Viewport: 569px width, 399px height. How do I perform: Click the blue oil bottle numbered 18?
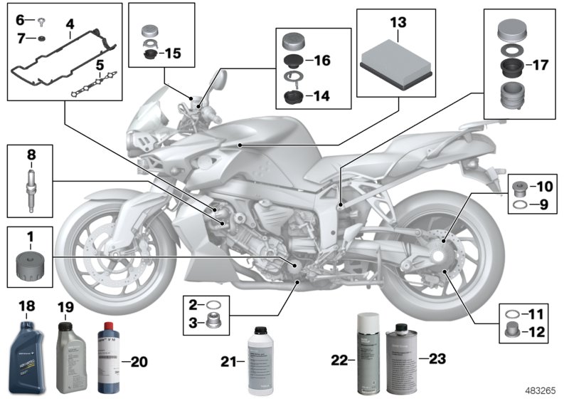pos(26,351)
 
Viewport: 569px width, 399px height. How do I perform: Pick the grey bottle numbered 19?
pos(71,355)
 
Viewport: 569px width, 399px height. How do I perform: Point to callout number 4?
pos(70,24)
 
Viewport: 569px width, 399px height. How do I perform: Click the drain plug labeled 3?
pos(212,322)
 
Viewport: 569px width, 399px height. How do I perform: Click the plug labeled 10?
pos(520,188)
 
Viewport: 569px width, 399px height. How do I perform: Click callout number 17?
pos(541,65)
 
